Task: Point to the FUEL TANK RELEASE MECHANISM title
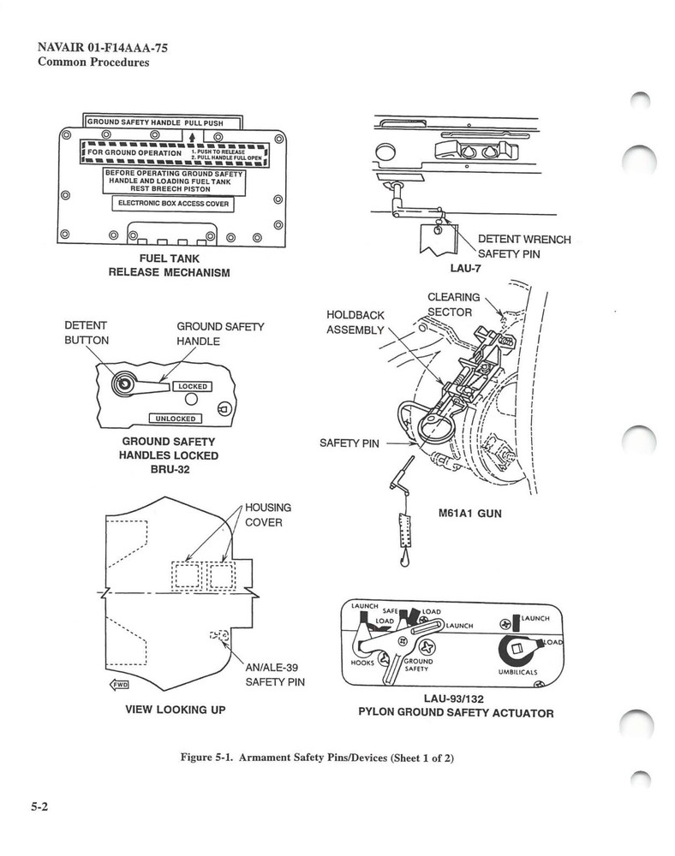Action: click(x=169, y=265)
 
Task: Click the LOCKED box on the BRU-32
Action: click(x=193, y=386)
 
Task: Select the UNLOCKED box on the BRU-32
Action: click(x=175, y=419)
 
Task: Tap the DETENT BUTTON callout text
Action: click(x=87, y=333)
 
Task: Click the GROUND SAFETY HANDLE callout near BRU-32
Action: click(x=220, y=334)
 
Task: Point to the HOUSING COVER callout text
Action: click(x=268, y=514)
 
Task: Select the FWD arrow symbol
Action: click(x=120, y=684)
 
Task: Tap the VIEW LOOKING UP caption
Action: click(x=176, y=710)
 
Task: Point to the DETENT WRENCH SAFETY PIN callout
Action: click(x=523, y=247)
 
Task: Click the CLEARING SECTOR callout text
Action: click(x=453, y=304)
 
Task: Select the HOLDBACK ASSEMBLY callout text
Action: click(x=355, y=323)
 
